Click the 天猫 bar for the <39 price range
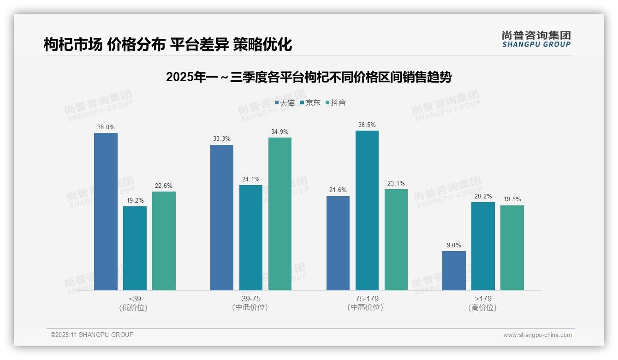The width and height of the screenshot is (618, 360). click(106, 211)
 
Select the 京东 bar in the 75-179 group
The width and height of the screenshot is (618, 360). click(367, 210)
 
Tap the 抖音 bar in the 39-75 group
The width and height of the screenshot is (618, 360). click(280, 214)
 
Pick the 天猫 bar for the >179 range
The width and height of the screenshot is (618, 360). click(454, 270)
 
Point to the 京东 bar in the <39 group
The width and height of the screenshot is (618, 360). click(135, 248)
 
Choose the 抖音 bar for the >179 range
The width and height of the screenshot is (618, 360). click(512, 248)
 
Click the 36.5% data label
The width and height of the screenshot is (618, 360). click(367, 125)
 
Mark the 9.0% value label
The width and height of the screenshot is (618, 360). click(454, 246)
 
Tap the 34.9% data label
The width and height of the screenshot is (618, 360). click(280, 132)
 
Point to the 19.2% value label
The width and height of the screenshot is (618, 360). click(135, 201)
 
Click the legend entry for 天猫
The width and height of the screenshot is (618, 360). click(285, 103)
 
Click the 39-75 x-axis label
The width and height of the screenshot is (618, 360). click(251, 299)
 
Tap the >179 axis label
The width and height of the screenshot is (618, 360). click(483, 299)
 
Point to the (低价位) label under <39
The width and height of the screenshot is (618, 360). click(134, 308)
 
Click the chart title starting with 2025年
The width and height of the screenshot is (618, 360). click(309, 77)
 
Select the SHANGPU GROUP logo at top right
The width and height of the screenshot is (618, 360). click(536, 39)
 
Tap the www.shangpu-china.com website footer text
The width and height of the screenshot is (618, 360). click(537, 335)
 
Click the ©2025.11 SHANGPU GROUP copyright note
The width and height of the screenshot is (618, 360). click(92, 335)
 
